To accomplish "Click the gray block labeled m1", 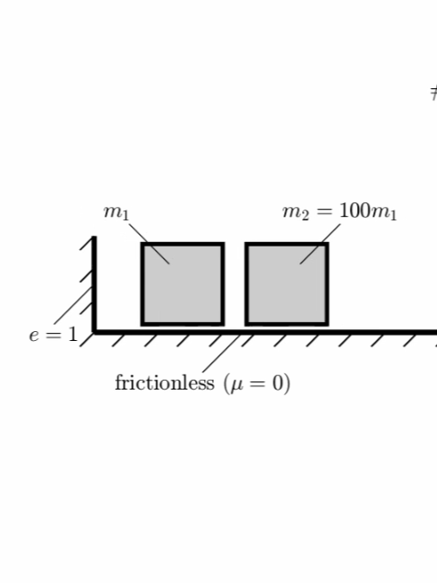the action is (x=183, y=284).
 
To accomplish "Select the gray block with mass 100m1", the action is (x=287, y=284).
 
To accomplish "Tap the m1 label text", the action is (x=116, y=212).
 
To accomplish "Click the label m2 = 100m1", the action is (x=339, y=211).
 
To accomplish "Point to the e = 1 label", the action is (x=54, y=335).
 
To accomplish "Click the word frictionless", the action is (x=165, y=382).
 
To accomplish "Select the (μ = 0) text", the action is (x=257, y=383).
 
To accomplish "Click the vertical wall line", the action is (x=94, y=285).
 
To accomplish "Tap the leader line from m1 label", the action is (x=149, y=244).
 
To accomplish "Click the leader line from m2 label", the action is (x=320, y=244).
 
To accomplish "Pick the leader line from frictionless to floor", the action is (x=221, y=354).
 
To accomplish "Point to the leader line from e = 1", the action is (x=73, y=306).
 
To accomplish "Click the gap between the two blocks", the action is (x=235, y=284).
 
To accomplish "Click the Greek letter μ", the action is (x=237, y=384).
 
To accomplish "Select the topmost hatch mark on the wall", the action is (x=86, y=244).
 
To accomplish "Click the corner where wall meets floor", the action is (x=94, y=332).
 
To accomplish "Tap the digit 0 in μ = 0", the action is (x=278, y=383).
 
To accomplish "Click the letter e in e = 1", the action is (x=34, y=336).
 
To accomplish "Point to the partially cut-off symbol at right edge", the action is (x=433, y=93).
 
